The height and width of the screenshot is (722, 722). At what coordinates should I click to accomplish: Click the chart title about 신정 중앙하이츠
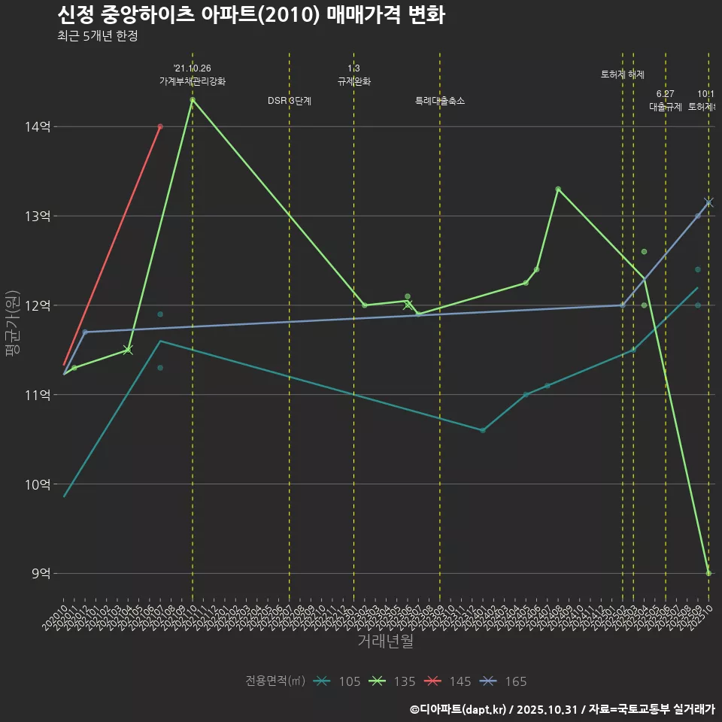point(250,15)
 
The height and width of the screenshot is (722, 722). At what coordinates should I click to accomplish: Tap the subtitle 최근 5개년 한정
point(97,35)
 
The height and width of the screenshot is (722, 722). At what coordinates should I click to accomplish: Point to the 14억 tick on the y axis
point(38,126)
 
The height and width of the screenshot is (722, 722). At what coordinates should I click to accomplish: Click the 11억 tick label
point(38,395)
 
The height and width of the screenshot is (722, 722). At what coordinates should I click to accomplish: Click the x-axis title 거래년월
point(385,642)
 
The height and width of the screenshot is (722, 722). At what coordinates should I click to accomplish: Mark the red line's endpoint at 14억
point(160,126)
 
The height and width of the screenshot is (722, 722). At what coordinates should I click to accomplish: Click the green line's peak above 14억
point(193,99)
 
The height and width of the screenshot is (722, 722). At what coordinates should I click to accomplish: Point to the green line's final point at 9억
point(708,573)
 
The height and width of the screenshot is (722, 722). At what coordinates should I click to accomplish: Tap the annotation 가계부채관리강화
point(192,81)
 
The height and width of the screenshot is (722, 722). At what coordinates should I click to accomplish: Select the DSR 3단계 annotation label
point(290,101)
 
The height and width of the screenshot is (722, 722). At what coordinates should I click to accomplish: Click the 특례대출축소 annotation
point(440,101)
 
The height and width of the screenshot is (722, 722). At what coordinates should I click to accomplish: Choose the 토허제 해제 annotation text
point(623,74)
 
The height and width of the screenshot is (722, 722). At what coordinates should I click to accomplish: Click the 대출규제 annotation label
point(665,107)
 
